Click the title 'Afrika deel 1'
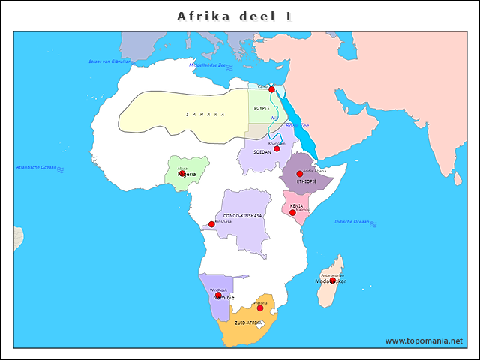pyautogui.click(x=235, y=16)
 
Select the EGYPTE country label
pyautogui.click(x=262, y=109)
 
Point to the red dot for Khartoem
pyautogui.click(x=277, y=148)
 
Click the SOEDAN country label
pyautogui.click(x=262, y=152)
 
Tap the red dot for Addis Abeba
pyautogui.click(x=300, y=174)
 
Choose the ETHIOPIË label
pyautogui.click(x=307, y=181)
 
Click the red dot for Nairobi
pyautogui.click(x=292, y=213)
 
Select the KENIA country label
pyautogui.click(x=296, y=205)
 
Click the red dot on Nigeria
pyautogui.click(x=182, y=173)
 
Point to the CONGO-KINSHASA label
pyautogui.click(x=243, y=215)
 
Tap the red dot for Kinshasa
pyautogui.click(x=211, y=223)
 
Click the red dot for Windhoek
pyautogui.click(x=218, y=295)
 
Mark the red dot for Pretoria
pyautogui.click(x=260, y=308)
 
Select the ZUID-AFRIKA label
pyautogui.click(x=248, y=322)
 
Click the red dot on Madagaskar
pyautogui.click(x=332, y=280)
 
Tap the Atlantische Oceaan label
pyautogui.click(x=37, y=166)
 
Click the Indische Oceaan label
pyautogui.click(x=352, y=222)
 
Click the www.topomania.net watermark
pyautogui.click(x=424, y=341)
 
